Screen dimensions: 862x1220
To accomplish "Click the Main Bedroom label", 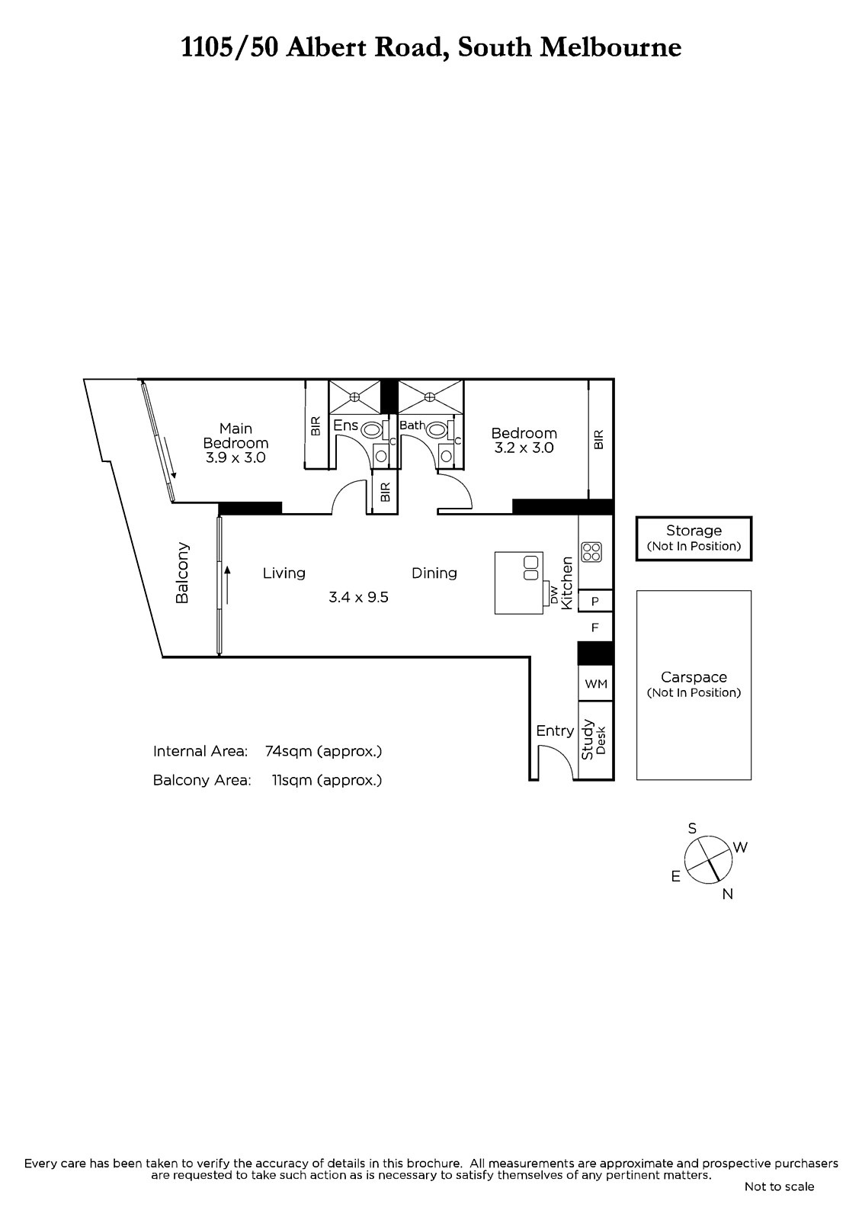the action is click(236, 435).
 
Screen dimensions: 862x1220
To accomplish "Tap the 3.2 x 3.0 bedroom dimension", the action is click(524, 448).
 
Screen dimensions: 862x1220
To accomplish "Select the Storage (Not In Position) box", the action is click(694, 538).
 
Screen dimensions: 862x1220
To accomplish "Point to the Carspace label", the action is click(694, 677).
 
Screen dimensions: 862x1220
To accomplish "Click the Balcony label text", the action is click(182, 573).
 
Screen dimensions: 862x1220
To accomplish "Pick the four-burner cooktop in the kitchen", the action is click(591, 552).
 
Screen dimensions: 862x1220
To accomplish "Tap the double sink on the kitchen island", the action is click(531, 568).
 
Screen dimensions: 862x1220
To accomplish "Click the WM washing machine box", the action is click(596, 683).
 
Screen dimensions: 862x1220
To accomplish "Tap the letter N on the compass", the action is click(728, 894).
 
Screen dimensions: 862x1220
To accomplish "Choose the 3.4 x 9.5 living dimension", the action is click(358, 598).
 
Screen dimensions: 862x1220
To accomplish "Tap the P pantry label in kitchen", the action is click(595, 602).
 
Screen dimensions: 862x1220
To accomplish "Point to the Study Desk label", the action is click(594, 739).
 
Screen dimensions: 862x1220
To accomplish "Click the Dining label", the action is click(434, 573).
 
